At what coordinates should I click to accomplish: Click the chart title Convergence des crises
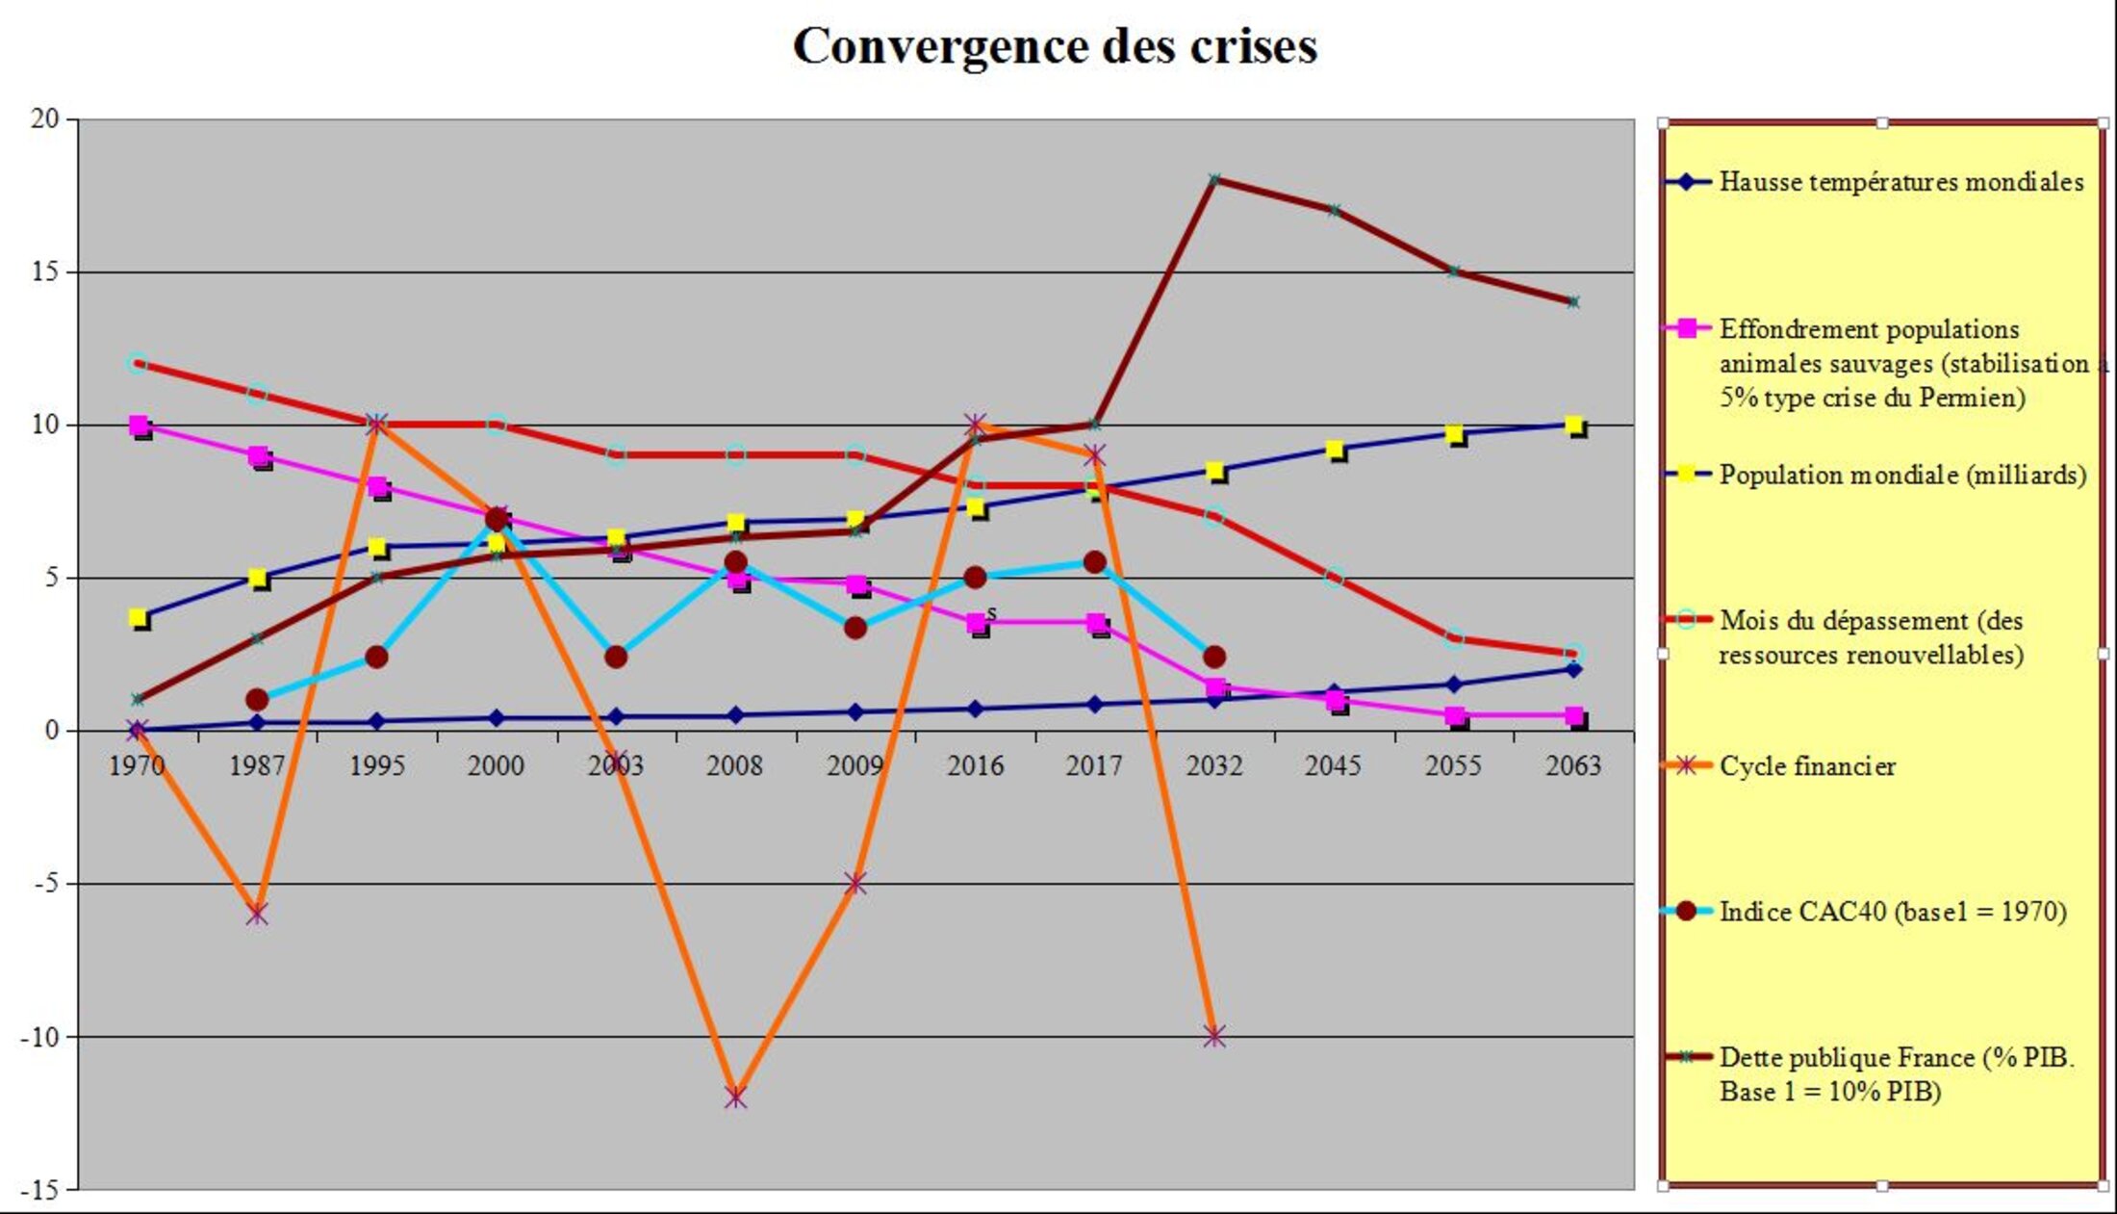1055,46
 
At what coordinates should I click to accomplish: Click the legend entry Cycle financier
1806,766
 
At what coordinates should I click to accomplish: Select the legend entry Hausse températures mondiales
1900,182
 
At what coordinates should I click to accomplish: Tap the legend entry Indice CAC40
1892,911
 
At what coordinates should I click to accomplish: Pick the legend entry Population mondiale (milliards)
1902,475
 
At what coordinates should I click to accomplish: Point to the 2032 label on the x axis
1213,766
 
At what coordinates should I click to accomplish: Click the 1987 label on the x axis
257,766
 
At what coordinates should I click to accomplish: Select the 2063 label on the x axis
1572,766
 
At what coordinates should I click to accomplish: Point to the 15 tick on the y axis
44,272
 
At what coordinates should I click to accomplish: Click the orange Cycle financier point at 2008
735,1097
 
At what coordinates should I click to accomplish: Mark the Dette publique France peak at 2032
1214,180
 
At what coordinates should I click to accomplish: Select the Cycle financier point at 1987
257,914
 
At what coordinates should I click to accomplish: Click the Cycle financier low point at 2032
1214,1037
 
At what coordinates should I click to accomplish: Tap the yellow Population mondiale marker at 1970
139,618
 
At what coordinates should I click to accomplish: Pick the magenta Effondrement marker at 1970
139,426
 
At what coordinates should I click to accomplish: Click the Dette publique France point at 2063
1573,302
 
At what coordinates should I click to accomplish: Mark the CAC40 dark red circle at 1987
257,700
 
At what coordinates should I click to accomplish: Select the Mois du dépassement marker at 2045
1334,578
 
